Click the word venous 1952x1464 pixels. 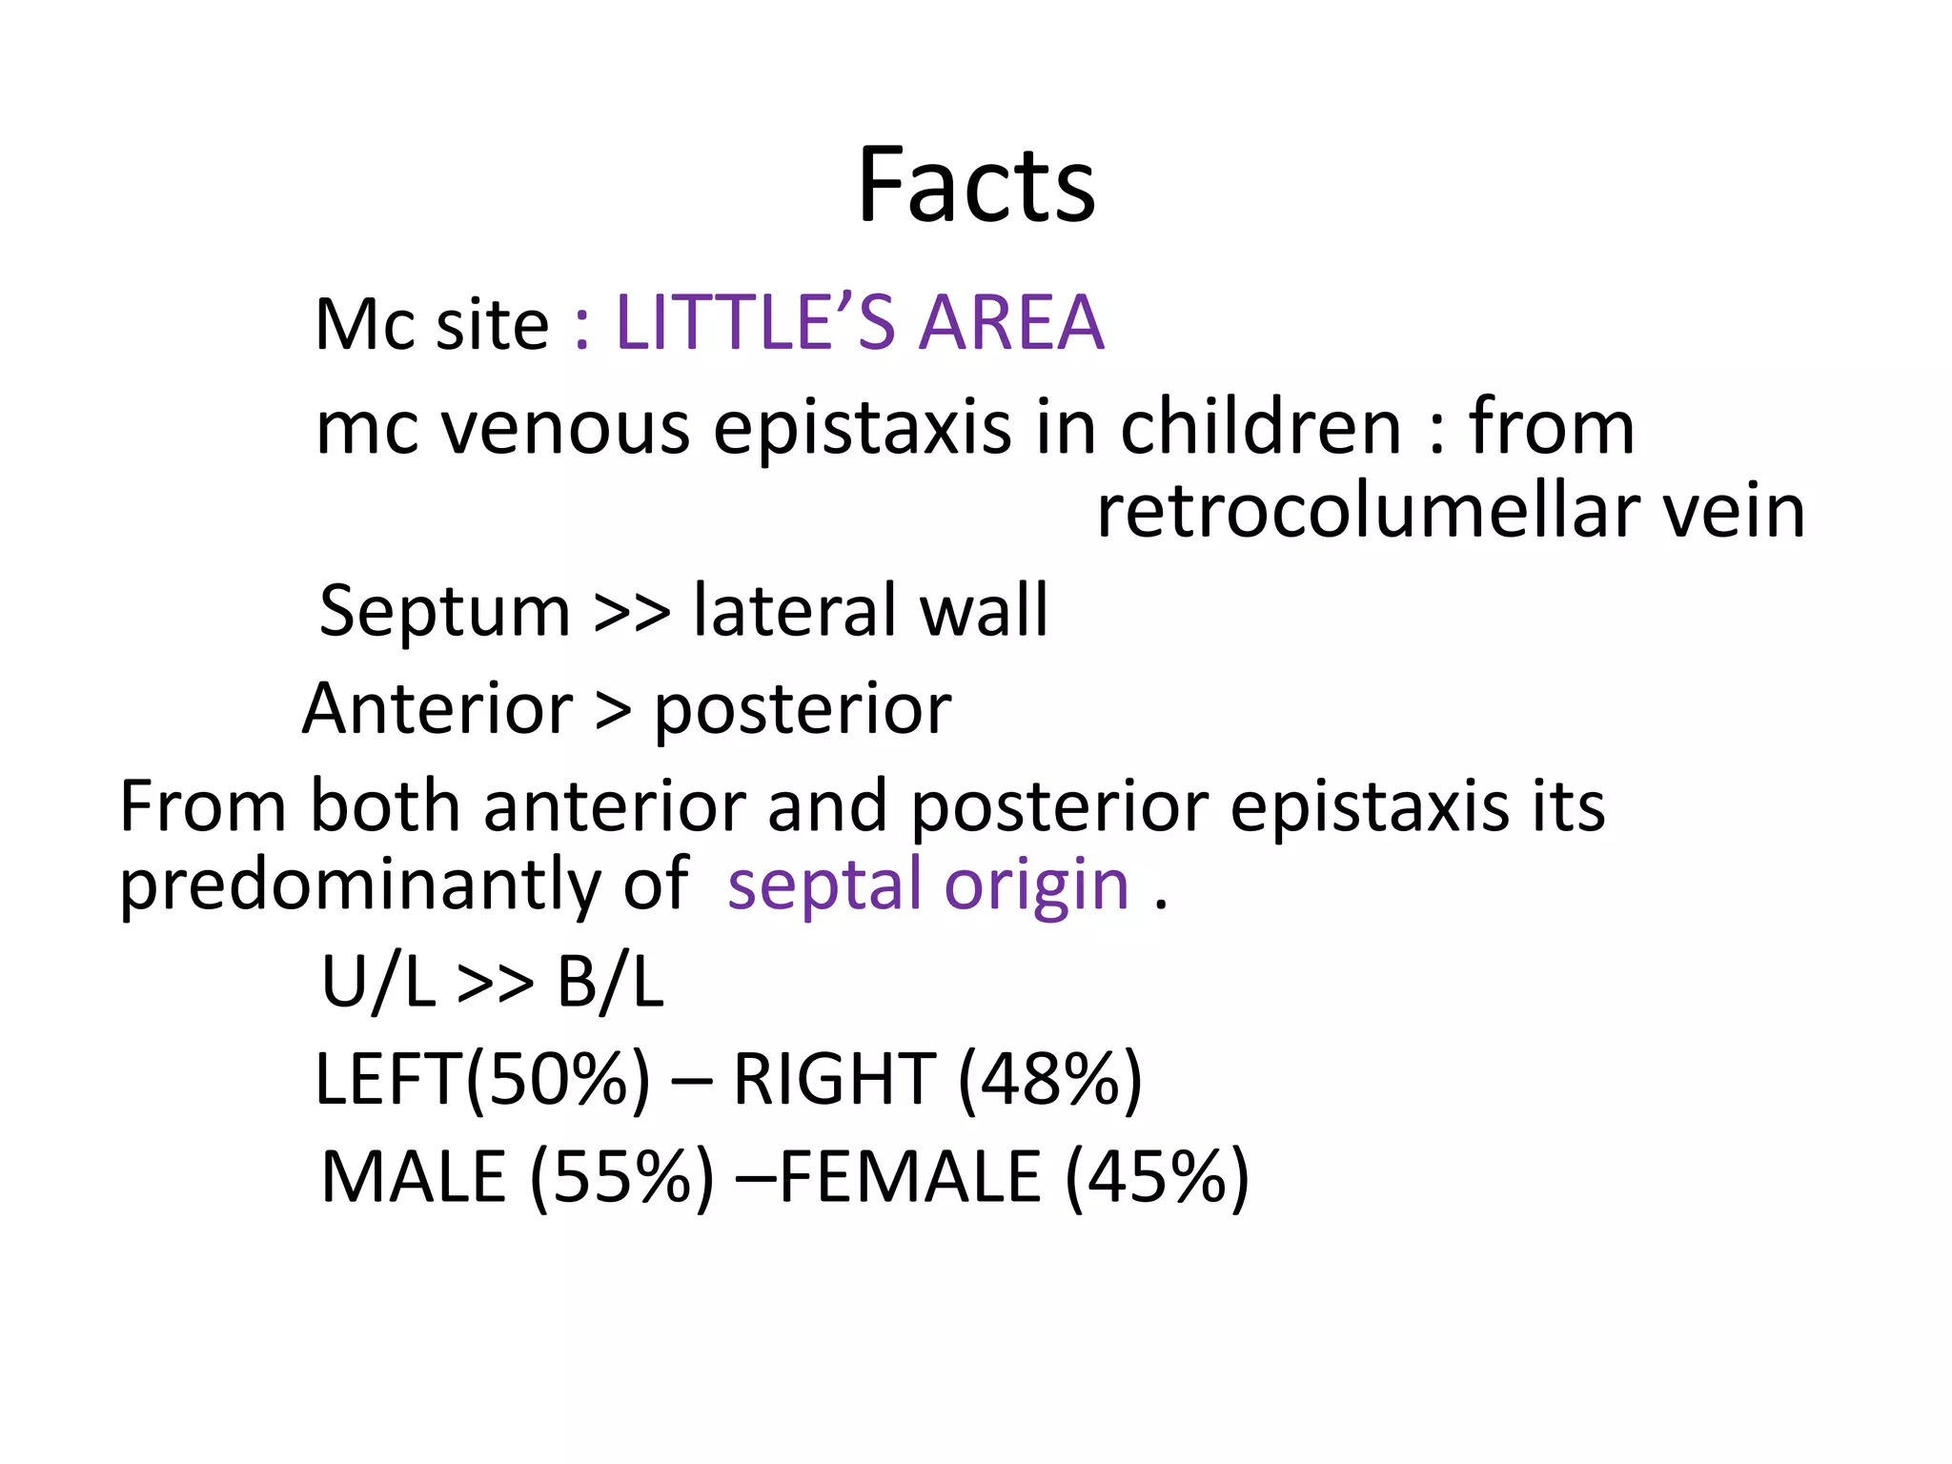tap(566, 428)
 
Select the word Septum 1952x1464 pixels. tap(444, 611)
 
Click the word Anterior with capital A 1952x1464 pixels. tap(437, 709)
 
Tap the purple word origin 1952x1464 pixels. tap(1036, 887)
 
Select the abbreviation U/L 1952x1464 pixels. tap(378, 983)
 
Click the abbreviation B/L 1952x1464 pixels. tap(610, 983)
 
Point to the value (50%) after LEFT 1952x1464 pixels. tap(559, 1080)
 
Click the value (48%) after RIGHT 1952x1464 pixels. tap(1049, 1080)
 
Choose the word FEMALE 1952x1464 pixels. tap(910, 1177)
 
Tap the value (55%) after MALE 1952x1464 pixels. tap(621, 1179)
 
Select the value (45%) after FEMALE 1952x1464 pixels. tap(1156, 1179)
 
